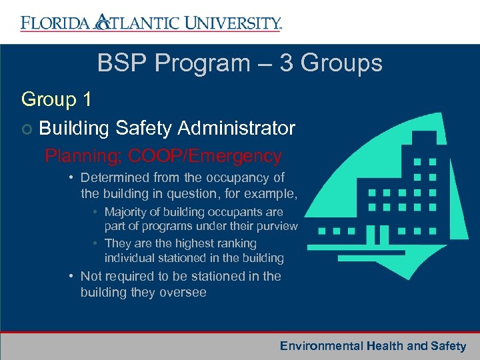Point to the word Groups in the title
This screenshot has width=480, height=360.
click(341, 63)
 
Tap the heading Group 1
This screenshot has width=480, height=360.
click(56, 99)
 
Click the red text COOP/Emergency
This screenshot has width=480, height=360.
click(205, 156)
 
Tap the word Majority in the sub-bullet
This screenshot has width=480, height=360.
click(127, 212)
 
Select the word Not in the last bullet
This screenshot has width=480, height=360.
click(91, 276)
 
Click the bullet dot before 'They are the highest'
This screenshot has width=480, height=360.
click(97, 243)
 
